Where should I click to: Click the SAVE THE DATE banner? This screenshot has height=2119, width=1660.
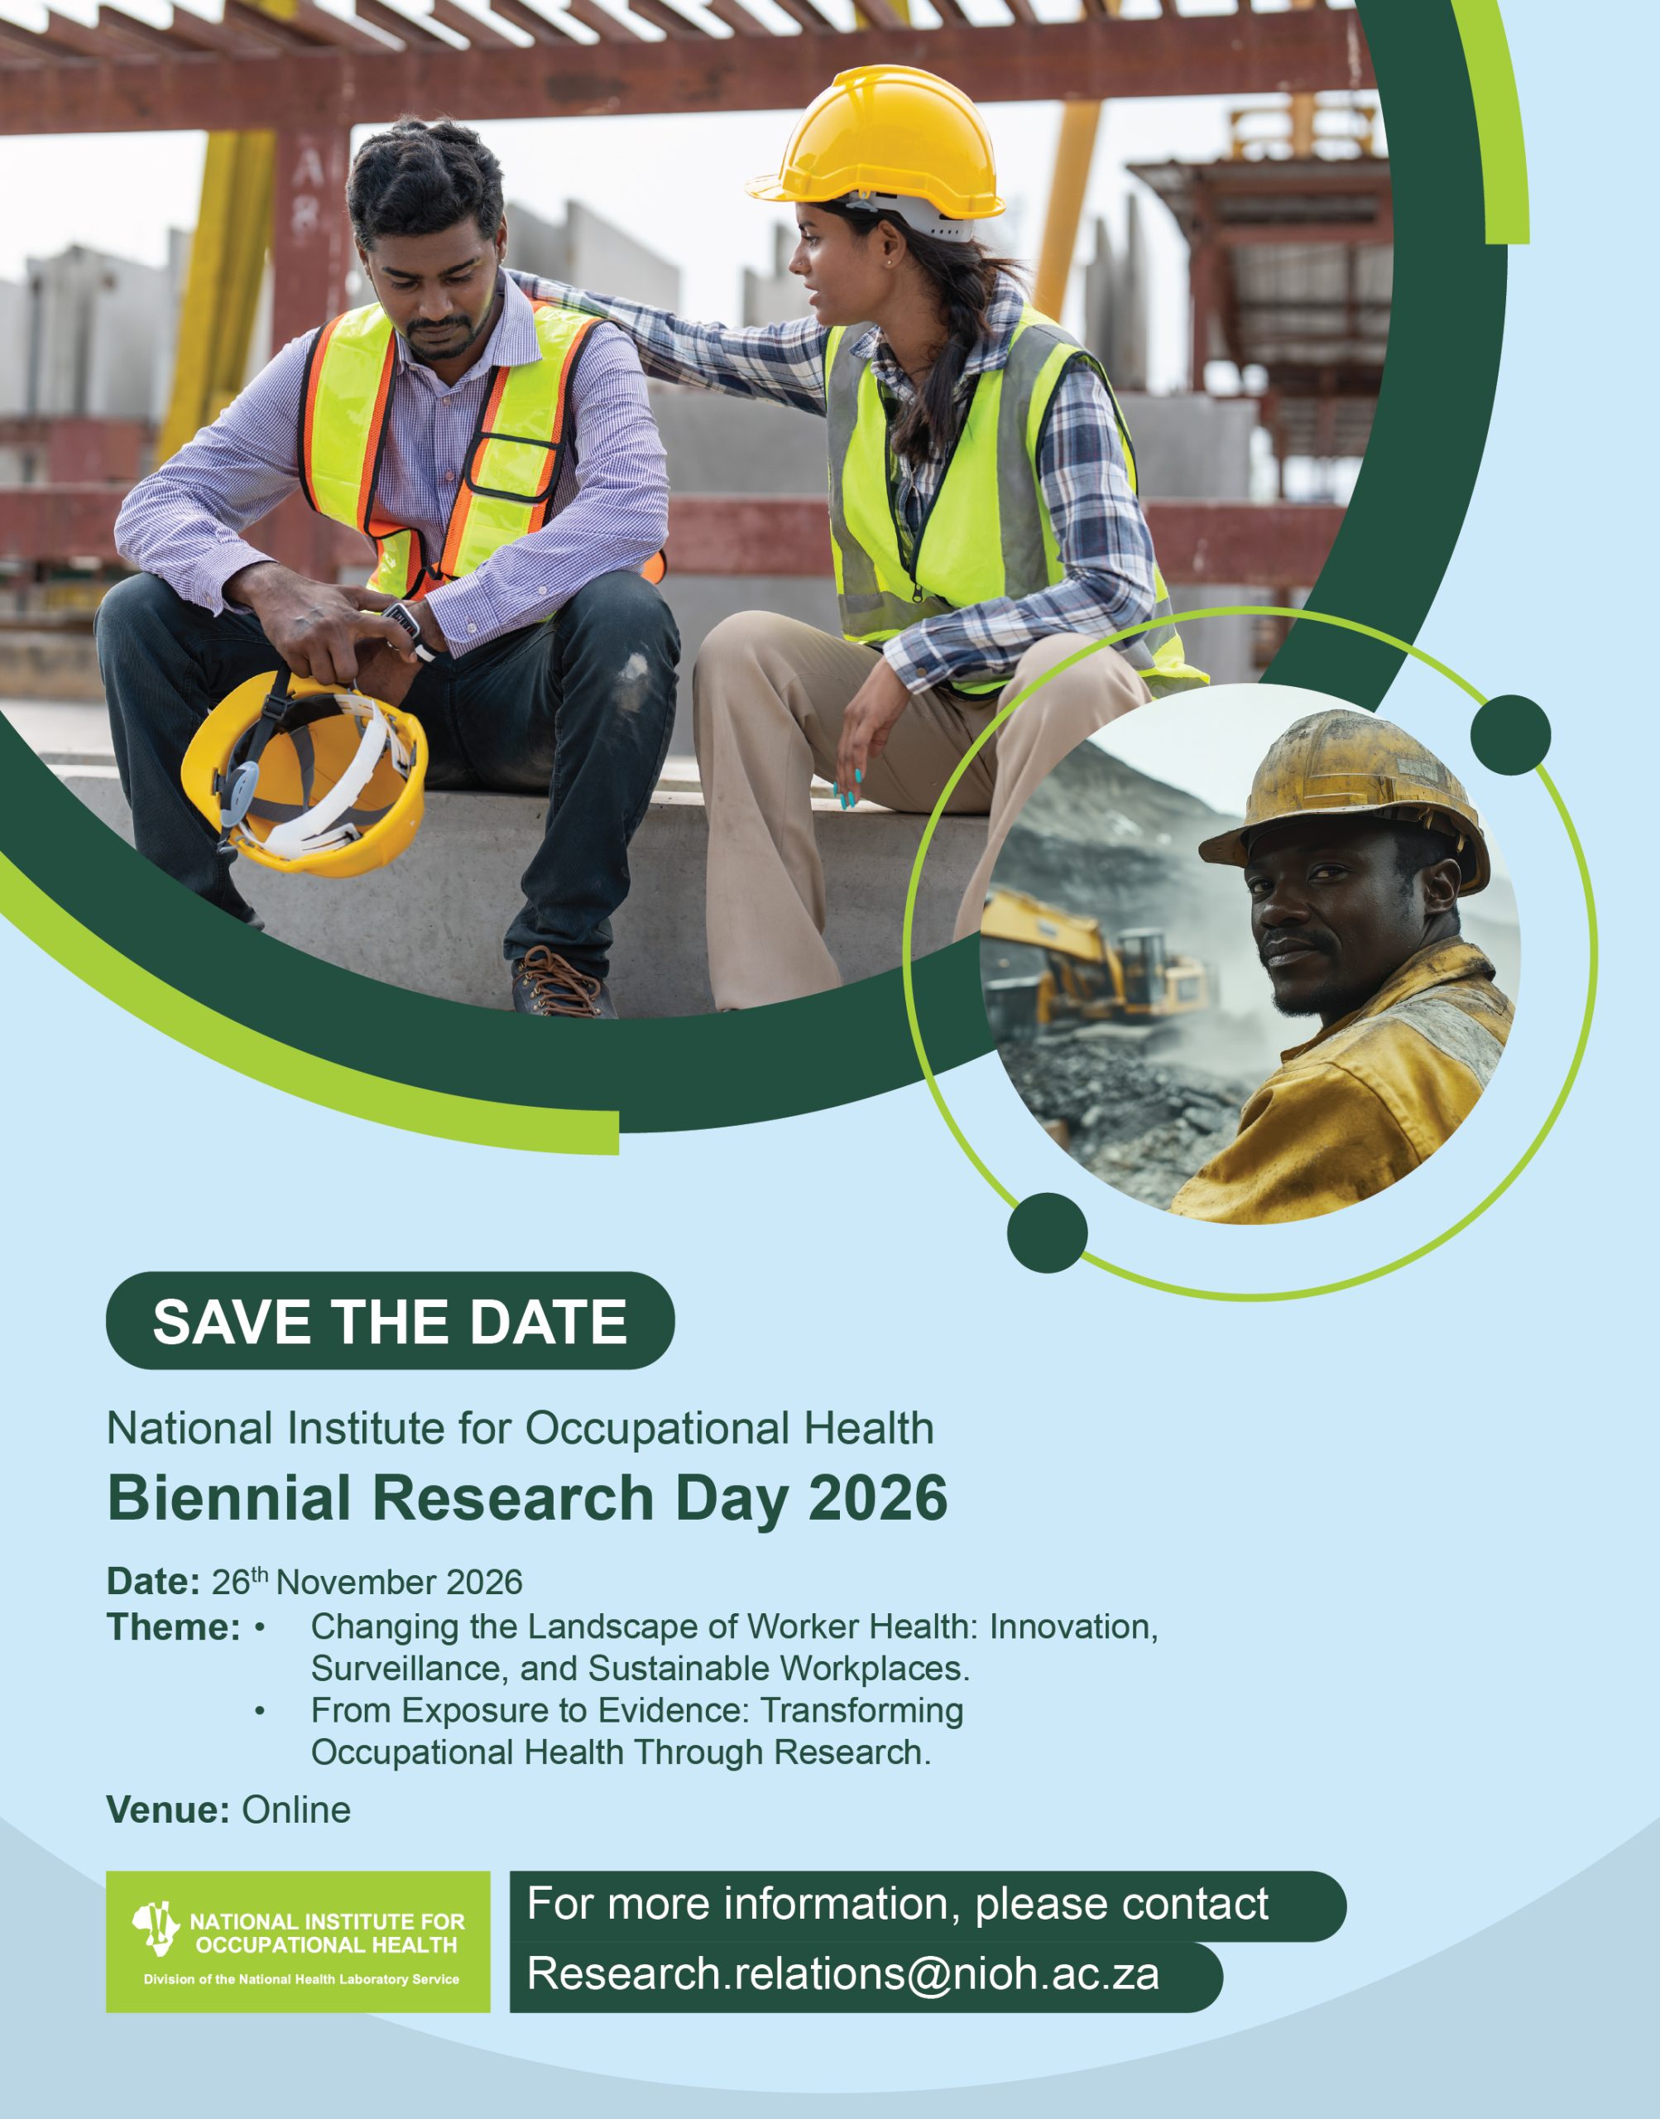point(390,1320)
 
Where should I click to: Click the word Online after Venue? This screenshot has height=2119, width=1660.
point(296,1810)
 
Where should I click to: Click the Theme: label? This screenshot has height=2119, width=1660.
point(173,1627)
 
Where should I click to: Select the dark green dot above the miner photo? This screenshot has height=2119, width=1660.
point(1510,735)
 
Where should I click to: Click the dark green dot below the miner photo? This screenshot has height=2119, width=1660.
point(1048,1232)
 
